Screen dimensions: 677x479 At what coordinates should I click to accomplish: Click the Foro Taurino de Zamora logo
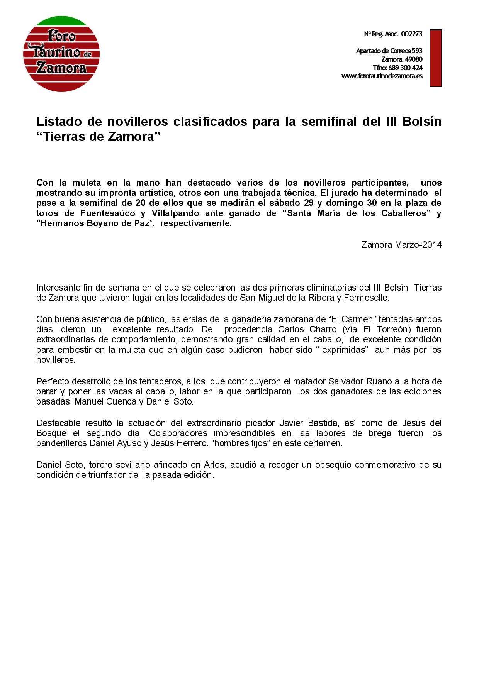61,54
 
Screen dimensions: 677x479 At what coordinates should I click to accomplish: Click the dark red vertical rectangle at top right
436,58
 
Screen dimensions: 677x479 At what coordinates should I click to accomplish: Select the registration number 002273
411,34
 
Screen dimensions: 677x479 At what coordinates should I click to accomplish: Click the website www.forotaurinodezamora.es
382,76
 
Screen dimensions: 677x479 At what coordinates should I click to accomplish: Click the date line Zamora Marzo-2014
401,245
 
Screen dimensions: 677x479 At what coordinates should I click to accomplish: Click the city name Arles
214,465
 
